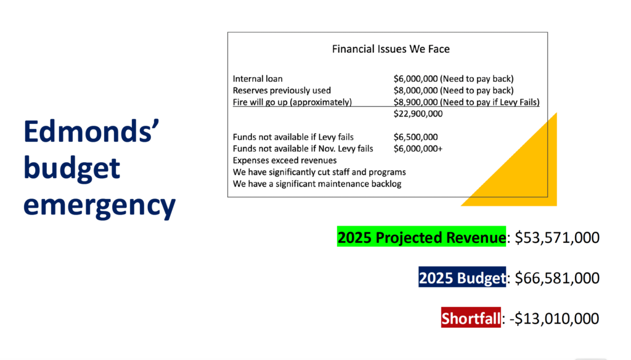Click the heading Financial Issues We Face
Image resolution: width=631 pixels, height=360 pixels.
pyautogui.click(x=391, y=49)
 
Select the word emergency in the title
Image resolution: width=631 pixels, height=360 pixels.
pyautogui.click(x=99, y=205)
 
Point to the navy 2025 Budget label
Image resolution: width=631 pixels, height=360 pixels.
pyautogui.click(x=462, y=277)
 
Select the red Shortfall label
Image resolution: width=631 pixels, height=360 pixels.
pyautogui.click(x=471, y=317)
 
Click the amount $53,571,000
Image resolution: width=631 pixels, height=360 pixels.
pyautogui.click(x=557, y=237)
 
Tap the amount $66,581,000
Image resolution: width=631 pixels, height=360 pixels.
pyautogui.click(x=557, y=278)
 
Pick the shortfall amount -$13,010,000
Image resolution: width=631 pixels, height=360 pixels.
pyautogui.click(x=554, y=319)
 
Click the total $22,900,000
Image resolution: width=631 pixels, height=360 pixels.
pyautogui.click(x=418, y=113)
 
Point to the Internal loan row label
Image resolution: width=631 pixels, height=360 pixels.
pyautogui.click(x=258, y=78)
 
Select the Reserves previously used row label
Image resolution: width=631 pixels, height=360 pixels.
pyautogui.click(x=282, y=90)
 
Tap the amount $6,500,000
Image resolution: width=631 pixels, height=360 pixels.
pyautogui.click(x=416, y=137)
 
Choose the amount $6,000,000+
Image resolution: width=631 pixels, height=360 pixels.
pyautogui.click(x=418, y=149)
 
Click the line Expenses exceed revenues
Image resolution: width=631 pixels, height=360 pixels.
pyautogui.click(x=285, y=160)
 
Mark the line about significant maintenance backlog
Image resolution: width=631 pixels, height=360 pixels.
pyautogui.click(x=317, y=184)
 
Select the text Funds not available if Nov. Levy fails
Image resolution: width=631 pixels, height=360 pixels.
pyautogui.click(x=303, y=149)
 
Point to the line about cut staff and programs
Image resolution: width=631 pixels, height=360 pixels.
pyautogui.click(x=319, y=172)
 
